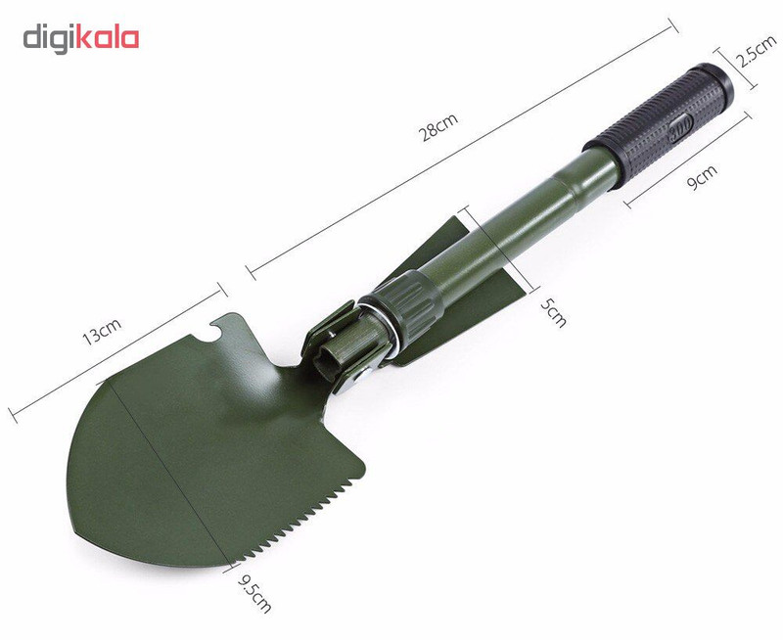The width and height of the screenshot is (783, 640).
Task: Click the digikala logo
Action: coord(81,39)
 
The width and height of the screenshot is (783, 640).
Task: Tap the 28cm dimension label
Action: coord(438,127)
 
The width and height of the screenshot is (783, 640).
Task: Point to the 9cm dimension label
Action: coord(702,177)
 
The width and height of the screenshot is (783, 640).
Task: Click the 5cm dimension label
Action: coord(554,313)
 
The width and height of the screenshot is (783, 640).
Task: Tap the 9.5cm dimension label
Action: coord(254,594)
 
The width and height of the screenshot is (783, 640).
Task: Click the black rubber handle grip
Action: coord(659,124)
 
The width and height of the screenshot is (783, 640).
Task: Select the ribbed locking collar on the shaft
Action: coord(409,305)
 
